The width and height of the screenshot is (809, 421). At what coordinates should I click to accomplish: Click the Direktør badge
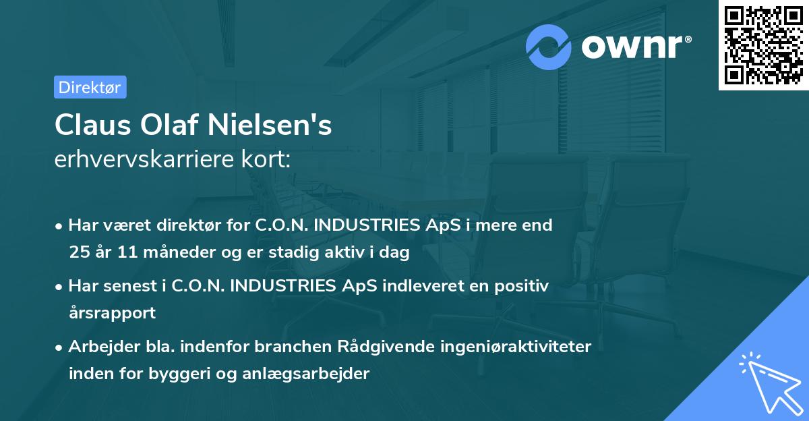(90, 87)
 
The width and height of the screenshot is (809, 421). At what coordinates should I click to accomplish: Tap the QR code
(763, 45)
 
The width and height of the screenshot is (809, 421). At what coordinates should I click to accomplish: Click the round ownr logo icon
(549, 47)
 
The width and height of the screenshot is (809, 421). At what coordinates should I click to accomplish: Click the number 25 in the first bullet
(78, 253)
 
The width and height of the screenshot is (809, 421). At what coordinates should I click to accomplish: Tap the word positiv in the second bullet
(524, 286)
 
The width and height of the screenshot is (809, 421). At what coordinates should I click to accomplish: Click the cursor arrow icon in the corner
(771, 384)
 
